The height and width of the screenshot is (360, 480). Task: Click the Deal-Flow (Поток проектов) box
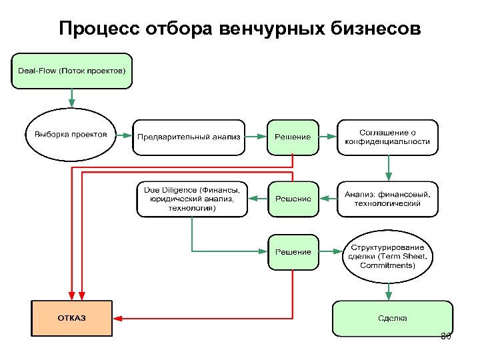click(71, 71)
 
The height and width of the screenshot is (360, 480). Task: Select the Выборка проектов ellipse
click(71, 134)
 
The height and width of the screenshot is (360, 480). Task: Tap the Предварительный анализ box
click(189, 137)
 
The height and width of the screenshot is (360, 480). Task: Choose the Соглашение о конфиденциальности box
click(387, 137)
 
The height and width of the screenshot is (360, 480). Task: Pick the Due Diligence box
click(192, 199)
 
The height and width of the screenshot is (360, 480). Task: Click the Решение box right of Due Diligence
click(293, 199)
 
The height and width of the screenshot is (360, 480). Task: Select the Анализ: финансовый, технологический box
click(387, 199)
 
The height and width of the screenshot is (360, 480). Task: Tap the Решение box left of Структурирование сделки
click(293, 252)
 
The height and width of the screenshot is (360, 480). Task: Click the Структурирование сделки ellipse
click(387, 256)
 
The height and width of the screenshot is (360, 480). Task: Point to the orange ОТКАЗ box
click(71, 318)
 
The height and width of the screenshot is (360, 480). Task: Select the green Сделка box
click(392, 318)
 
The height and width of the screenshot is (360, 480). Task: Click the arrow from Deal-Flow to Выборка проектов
click(71, 98)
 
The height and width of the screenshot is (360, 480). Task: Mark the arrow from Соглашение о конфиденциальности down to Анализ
click(389, 167)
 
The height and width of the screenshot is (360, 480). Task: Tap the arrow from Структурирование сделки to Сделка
click(389, 291)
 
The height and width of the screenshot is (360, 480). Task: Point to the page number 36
click(446, 336)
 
